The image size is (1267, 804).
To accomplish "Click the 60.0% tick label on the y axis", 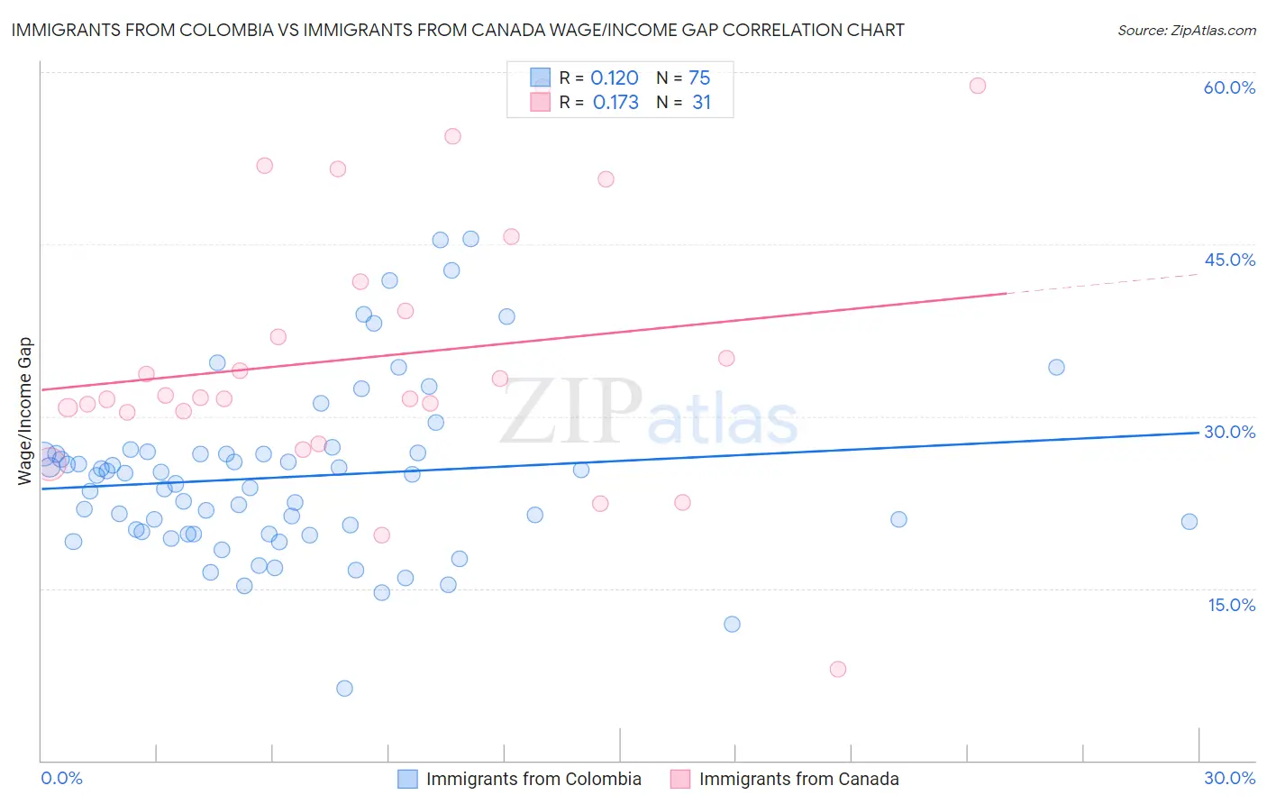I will point(1229,87).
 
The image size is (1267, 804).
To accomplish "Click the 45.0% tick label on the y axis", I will point(1229,260).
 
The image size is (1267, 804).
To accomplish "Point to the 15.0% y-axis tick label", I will point(1231,605).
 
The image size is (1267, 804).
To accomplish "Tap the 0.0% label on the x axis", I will point(61,778).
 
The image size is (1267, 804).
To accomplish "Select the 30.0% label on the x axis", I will point(1229,778).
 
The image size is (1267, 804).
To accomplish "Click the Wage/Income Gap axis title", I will point(25,411).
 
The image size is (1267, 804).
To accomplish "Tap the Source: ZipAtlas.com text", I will point(1186,30).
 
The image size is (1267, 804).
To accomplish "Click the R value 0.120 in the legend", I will point(614,78).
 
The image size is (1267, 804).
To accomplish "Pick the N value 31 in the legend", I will point(701,103).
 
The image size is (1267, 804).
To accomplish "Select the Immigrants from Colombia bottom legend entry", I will point(520,779).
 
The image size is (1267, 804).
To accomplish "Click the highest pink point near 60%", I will point(978,86).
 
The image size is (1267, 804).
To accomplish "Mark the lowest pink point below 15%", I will point(838,669).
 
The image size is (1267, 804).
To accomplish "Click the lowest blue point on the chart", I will point(344,689).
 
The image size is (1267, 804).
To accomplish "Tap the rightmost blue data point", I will point(1190,522).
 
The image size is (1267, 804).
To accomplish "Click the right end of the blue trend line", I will point(1198,433).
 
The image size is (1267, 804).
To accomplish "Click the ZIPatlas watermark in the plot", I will point(649,412).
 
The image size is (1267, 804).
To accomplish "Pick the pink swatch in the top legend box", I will point(540,102).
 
